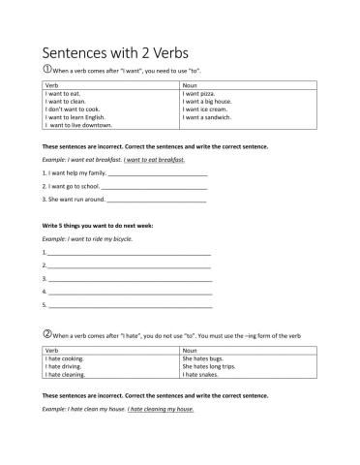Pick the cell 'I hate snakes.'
(199, 374)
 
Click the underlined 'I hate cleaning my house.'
(162, 409)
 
